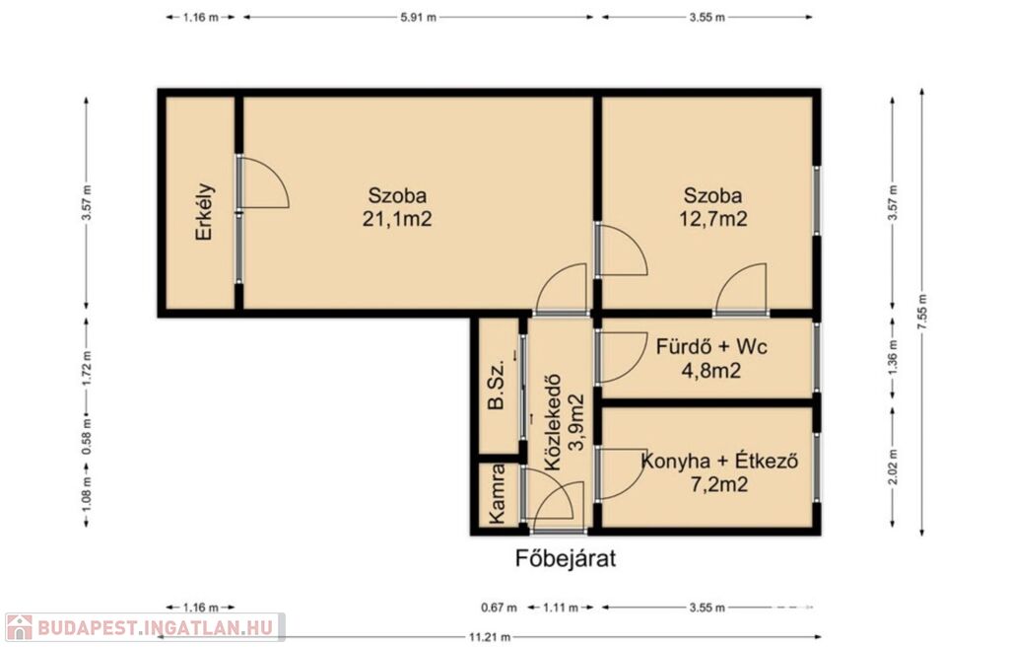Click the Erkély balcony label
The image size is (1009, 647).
point(204,212)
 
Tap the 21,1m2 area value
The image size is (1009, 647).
point(397,219)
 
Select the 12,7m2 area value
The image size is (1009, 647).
point(713,219)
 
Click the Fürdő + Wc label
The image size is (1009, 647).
point(711,347)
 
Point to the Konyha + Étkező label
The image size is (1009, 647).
point(720,461)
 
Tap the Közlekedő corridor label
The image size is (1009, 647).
point(553,423)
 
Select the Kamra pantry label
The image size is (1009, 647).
point(497,493)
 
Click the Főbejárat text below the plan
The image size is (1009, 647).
point(566,558)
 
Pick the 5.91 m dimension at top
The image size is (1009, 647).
point(418,18)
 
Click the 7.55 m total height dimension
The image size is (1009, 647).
point(922,313)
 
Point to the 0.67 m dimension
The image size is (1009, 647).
point(499,607)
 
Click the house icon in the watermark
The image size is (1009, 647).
point(19,627)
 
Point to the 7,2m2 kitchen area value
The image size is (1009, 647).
point(718,484)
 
